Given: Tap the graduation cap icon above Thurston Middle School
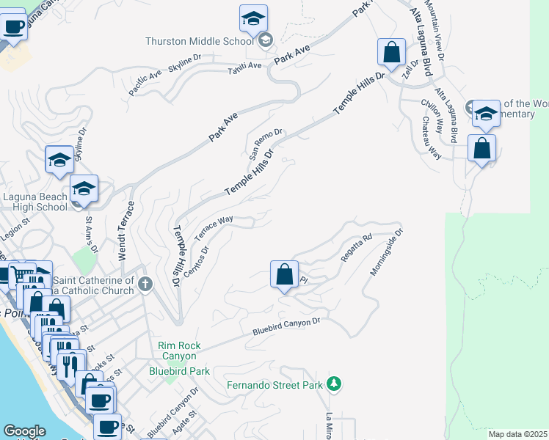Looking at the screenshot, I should pos(253,19).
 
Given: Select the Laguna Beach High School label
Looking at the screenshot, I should pos(35,202).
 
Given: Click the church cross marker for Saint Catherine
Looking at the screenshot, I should pos(145,283).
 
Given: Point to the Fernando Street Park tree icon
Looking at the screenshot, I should pos(335,384).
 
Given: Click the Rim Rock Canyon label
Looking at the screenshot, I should pos(177,351).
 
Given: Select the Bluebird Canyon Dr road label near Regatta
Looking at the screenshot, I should pos(287,327).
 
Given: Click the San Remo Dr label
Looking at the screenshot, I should pos(261,143).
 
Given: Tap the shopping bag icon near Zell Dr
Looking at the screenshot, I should pos(391,53).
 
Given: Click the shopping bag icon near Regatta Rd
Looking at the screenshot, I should pos(284,276).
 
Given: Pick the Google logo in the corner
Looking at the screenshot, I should pos(24,431).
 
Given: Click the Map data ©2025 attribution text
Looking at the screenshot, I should pos(518,434).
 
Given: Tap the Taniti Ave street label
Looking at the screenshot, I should pos(244,66).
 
